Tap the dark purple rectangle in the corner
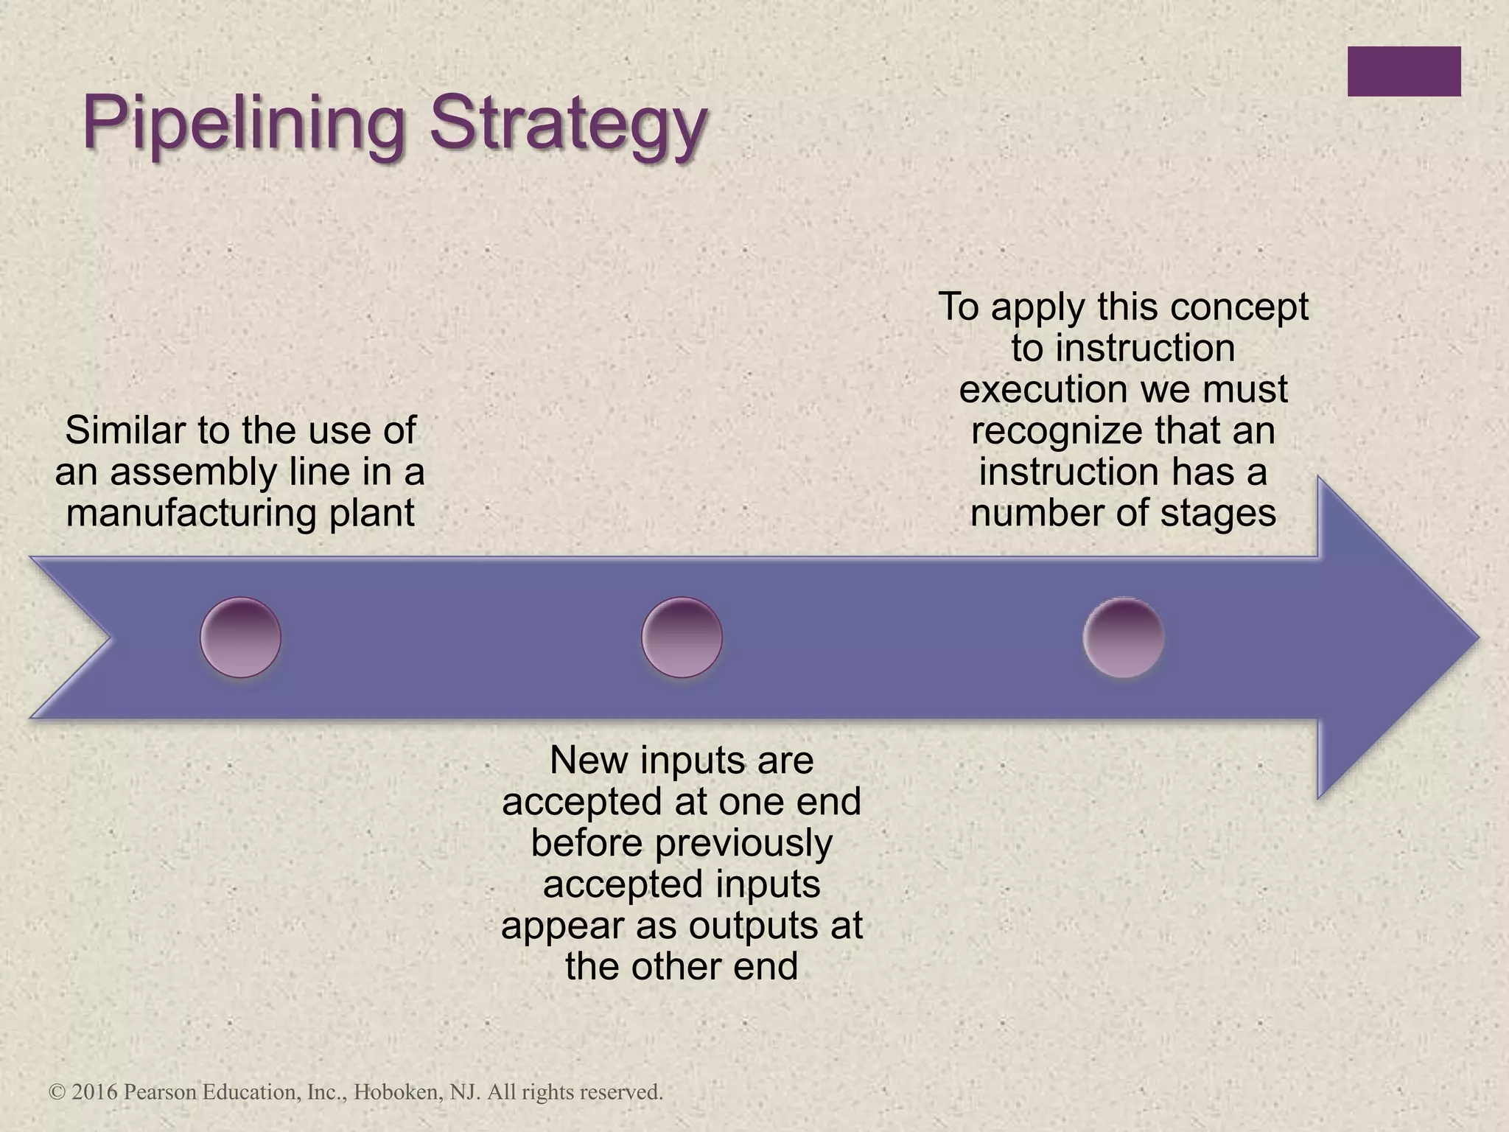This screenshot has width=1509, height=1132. point(1404,71)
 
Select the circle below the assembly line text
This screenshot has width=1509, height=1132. point(240,637)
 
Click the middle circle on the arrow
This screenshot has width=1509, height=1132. point(682,637)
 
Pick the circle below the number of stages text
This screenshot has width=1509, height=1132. point(1123,637)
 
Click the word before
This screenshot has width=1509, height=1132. point(587,843)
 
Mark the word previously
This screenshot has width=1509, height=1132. point(743,843)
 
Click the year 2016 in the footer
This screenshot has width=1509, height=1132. point(95,1091)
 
